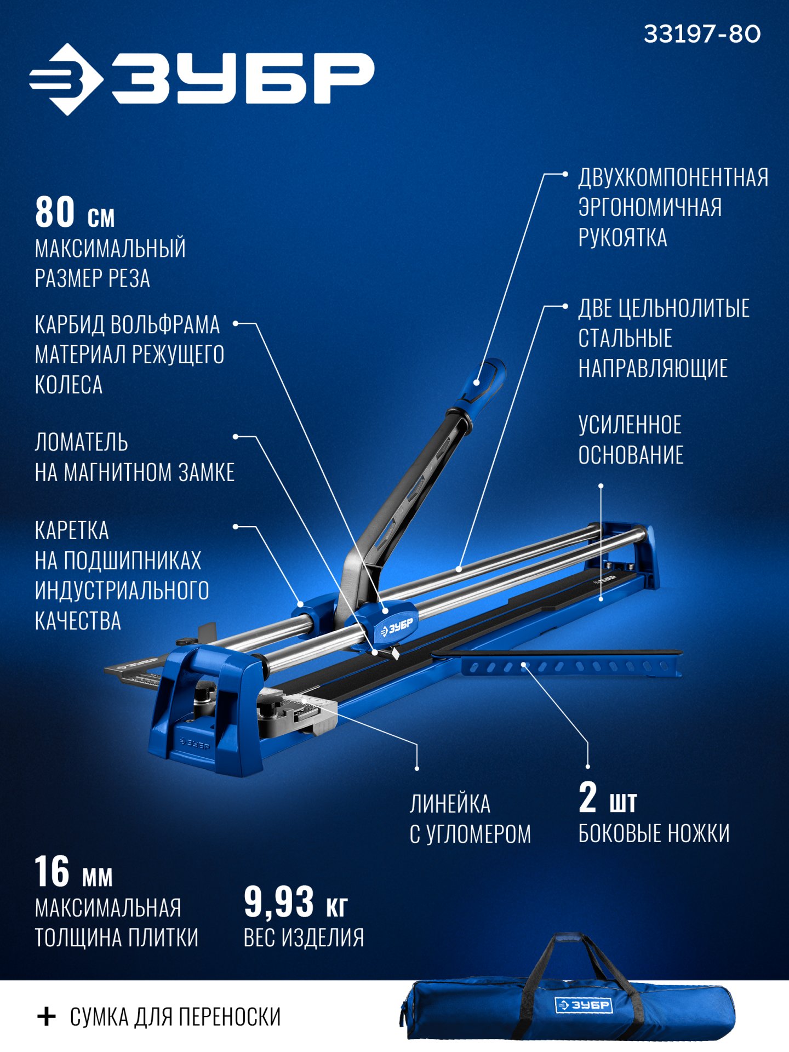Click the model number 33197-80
click(x=702, y=34)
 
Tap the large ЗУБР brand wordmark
click(x=243, y=78)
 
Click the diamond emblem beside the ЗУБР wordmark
click(x=66, y=79)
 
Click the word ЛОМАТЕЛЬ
click(x=82, y=442)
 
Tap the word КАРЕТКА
click(x=72, y=530)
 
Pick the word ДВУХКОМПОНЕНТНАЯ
click(x=673, y=178)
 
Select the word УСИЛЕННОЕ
click(x=630, y=425)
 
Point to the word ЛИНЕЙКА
click(x=450, y=804)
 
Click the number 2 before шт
click(x=587, y=797)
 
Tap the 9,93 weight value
click(x=279, y=901)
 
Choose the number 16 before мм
click(x=52, y=871)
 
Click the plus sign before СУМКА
click(x=47, y=1016)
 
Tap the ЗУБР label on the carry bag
click(x=584, y=1005)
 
